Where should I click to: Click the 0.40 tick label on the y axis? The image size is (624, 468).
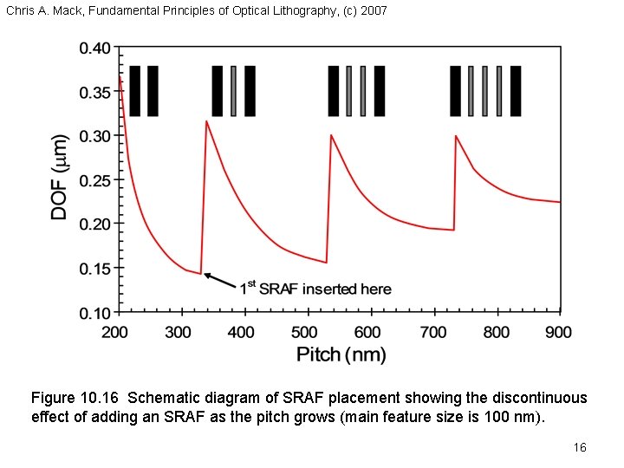click(94, 49)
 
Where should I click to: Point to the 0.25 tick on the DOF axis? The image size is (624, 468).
click(94, 180)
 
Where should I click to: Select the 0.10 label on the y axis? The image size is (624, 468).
click(94, 312)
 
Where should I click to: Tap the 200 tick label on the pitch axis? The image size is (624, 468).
click(114, 332)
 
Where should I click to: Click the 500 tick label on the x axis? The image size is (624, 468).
click(305, 332)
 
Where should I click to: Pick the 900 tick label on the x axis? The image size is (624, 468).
click(559, 332)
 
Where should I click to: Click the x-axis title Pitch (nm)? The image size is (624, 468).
click(341, 354)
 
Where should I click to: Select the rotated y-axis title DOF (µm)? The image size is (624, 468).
click(61, 177)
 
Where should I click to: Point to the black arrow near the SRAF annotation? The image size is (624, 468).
click(220, 280)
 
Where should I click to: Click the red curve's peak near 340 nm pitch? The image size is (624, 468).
click(206, 121)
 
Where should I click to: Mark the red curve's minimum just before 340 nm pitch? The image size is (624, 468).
click(201, 274)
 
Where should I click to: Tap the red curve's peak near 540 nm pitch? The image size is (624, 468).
click(331, 135)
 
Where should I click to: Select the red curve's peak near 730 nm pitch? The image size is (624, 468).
click(457, 135)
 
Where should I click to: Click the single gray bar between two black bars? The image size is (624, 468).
click(233, 90)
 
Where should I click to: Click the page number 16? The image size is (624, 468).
click(580, 447)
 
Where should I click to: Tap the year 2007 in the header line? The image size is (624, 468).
click(374, 11)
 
